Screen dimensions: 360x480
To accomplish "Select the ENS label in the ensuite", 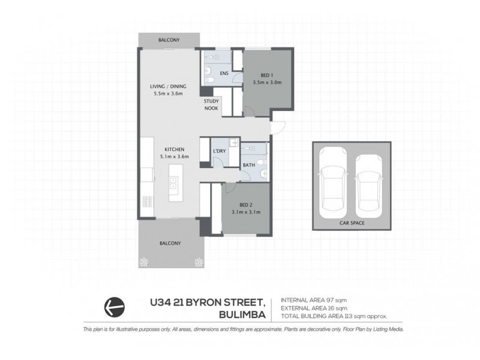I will [x=223, y=74].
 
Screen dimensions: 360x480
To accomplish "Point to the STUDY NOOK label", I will [x=211, y=105].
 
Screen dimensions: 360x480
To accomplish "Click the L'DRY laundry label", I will [x=219, y=151].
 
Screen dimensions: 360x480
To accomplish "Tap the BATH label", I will [x=248, y=165].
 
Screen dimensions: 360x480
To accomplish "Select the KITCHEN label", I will [x=175, y=149].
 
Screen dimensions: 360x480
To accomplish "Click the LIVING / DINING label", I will [x=167, y=86].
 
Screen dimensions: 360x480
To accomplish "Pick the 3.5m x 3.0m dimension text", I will [x=267, y=82].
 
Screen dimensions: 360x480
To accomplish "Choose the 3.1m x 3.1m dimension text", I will [x=245, y=212].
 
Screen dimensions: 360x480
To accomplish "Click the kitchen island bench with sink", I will [x=174, y=181].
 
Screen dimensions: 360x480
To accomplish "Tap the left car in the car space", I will [x=332, y=184].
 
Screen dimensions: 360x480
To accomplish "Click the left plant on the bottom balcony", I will [x=145, y=262].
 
